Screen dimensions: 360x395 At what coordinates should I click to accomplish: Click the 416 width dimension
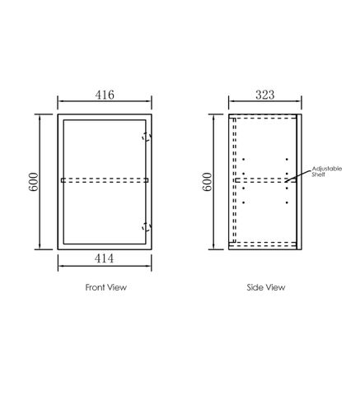pos(105,95)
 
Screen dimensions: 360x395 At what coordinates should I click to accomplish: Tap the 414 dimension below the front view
pos(104,258)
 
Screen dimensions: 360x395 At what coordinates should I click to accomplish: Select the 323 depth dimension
pos(265,95)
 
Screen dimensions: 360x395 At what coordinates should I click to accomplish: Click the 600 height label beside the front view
pos(33,182)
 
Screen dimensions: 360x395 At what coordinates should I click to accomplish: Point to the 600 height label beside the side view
pos(207,182)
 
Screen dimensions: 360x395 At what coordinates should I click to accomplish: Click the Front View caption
pos(106,287)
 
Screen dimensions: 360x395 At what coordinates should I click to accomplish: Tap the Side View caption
pos(266,287)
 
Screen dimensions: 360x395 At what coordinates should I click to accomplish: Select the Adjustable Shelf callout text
pos(327,171)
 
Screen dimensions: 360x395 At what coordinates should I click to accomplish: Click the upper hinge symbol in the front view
pos(147,137)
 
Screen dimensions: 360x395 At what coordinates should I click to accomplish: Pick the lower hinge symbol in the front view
pos(147,227)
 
